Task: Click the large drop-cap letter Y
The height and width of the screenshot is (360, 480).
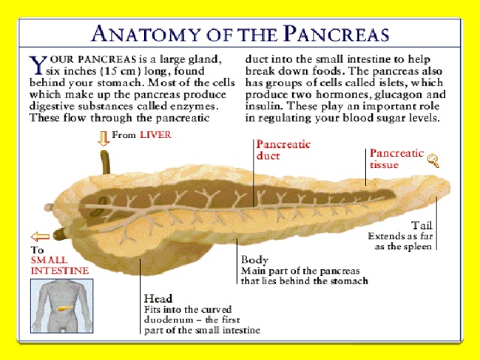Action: click(37, 65)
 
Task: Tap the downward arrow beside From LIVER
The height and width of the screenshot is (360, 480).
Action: click(103, 138)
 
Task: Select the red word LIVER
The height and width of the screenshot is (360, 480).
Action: click(155, 135)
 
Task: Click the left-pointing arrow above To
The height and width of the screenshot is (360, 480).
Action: click(40, 237)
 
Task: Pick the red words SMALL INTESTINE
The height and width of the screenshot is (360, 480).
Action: click(60, 265)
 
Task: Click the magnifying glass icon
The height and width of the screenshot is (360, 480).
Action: click(433, 160)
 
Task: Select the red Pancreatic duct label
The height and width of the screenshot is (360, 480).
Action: click(283, 150)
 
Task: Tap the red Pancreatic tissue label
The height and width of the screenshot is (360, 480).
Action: click(397, 158)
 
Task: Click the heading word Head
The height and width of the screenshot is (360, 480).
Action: click(158, 298)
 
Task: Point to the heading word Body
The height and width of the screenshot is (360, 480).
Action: click(254, 259)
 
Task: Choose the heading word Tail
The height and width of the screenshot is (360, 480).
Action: click(421, 226)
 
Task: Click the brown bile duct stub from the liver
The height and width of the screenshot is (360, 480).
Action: click(105, 162)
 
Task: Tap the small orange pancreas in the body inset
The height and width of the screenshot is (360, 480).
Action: click(65, 308)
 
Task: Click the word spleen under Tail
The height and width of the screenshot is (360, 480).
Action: click(418, 247)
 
